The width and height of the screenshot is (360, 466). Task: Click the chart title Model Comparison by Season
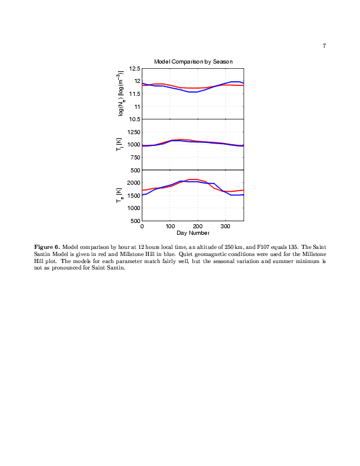193,62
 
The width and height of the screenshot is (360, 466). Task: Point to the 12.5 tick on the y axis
135,69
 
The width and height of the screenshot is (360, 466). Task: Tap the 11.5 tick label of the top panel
135,94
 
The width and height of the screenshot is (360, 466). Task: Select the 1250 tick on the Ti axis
134,132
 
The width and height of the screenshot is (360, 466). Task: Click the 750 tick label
135,158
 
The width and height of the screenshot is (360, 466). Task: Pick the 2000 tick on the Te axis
134,183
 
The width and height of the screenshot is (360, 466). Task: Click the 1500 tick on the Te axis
134,195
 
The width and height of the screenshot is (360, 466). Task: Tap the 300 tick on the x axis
225,227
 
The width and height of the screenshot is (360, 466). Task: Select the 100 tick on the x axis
170,227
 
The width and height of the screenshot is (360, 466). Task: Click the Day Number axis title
193,232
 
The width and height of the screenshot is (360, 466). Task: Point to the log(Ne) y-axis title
121,94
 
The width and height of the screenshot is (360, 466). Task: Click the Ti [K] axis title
119,144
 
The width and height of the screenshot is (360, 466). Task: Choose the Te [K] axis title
119,195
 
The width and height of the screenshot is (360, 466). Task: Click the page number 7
324,46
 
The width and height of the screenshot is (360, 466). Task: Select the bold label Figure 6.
47,247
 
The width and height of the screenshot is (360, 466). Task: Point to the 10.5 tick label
135,119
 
